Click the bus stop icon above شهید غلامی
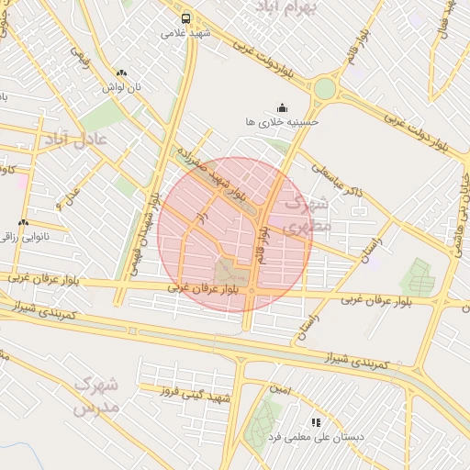186,18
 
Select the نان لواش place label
122,86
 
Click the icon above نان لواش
122,73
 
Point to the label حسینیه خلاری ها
282,120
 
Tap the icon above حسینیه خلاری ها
282,106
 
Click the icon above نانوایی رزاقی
24,222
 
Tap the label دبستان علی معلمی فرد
320,438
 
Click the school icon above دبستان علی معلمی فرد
317,423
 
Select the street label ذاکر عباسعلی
339,180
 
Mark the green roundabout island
325,88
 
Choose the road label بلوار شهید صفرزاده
215,173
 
